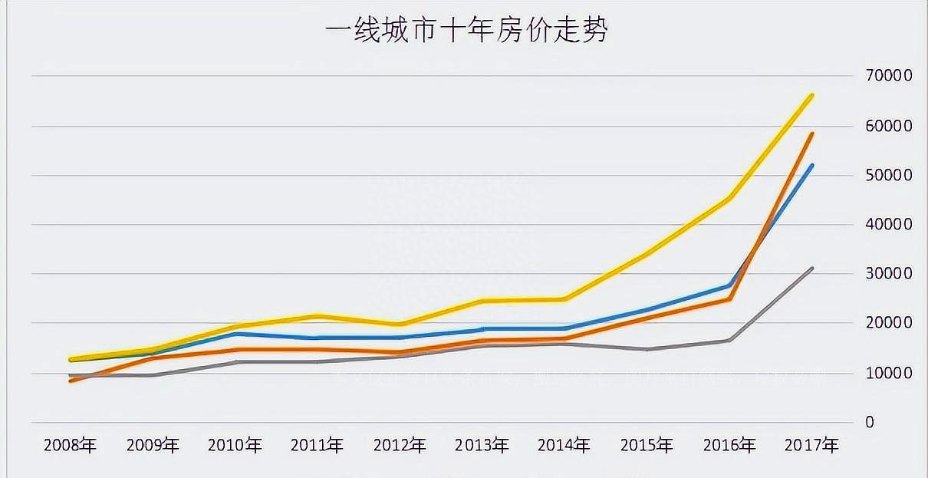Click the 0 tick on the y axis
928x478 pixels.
[x=869, y=422]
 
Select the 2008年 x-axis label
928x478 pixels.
[x=71, y=446]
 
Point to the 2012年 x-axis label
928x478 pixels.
[x=400, y=446]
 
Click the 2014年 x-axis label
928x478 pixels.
[x=564, y=446]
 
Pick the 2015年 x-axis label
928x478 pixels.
[x=647, y=446]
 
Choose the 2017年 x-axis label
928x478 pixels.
[x=811, y=446]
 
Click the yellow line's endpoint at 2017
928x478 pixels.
[x=811, y=96]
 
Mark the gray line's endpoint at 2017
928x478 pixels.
[x=811, y=269]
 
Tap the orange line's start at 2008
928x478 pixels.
[x=71, y=380]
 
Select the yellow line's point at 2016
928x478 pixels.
[x=729, y=198]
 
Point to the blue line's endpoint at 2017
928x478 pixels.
[x=811, y=166]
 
